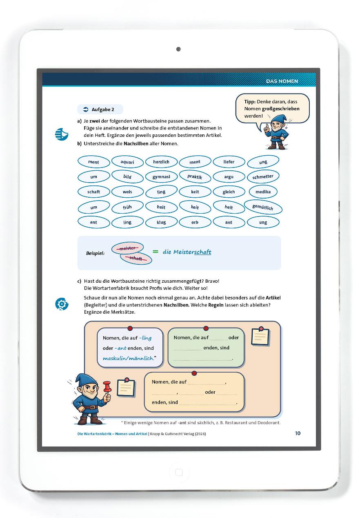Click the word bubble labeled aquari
click(127, 162)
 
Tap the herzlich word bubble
click(161, 162)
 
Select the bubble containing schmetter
click(263, 177)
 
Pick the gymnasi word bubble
click(161, 177)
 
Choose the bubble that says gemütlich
click(263, 207)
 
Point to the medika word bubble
click(263, 192)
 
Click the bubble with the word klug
click(161, 222)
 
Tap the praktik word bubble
click(195, 177)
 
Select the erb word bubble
click(195, 222)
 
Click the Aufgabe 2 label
click(100, 109)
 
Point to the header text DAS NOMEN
click(282, 81)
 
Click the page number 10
click(298, 433)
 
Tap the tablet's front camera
click(178, 49)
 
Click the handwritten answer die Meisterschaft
click(187, 252)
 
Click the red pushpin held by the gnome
click(107, 386)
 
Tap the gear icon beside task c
click(62, 304)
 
